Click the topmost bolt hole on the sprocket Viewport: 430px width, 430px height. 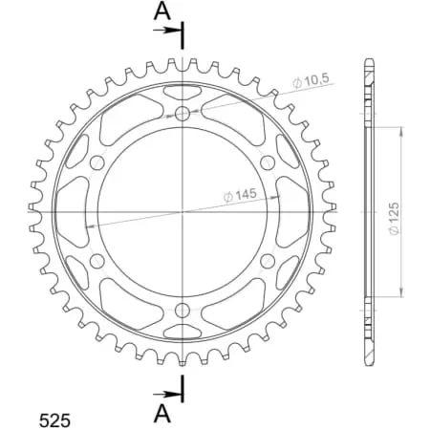[183, 115]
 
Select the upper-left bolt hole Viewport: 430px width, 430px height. [98, 163]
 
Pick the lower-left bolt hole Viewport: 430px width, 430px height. [98, 259]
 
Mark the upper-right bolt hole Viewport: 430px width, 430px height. [266, 163]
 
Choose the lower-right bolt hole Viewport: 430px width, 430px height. [266, 259]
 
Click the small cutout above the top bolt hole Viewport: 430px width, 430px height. [183, 92]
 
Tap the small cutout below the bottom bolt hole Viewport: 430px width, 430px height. [183, 331]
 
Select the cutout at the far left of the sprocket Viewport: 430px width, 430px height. [70, 211]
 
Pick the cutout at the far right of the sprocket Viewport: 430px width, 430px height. [294, 211]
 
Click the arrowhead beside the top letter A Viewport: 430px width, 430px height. [176, 32]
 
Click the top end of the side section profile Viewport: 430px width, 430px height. [368, 63]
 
